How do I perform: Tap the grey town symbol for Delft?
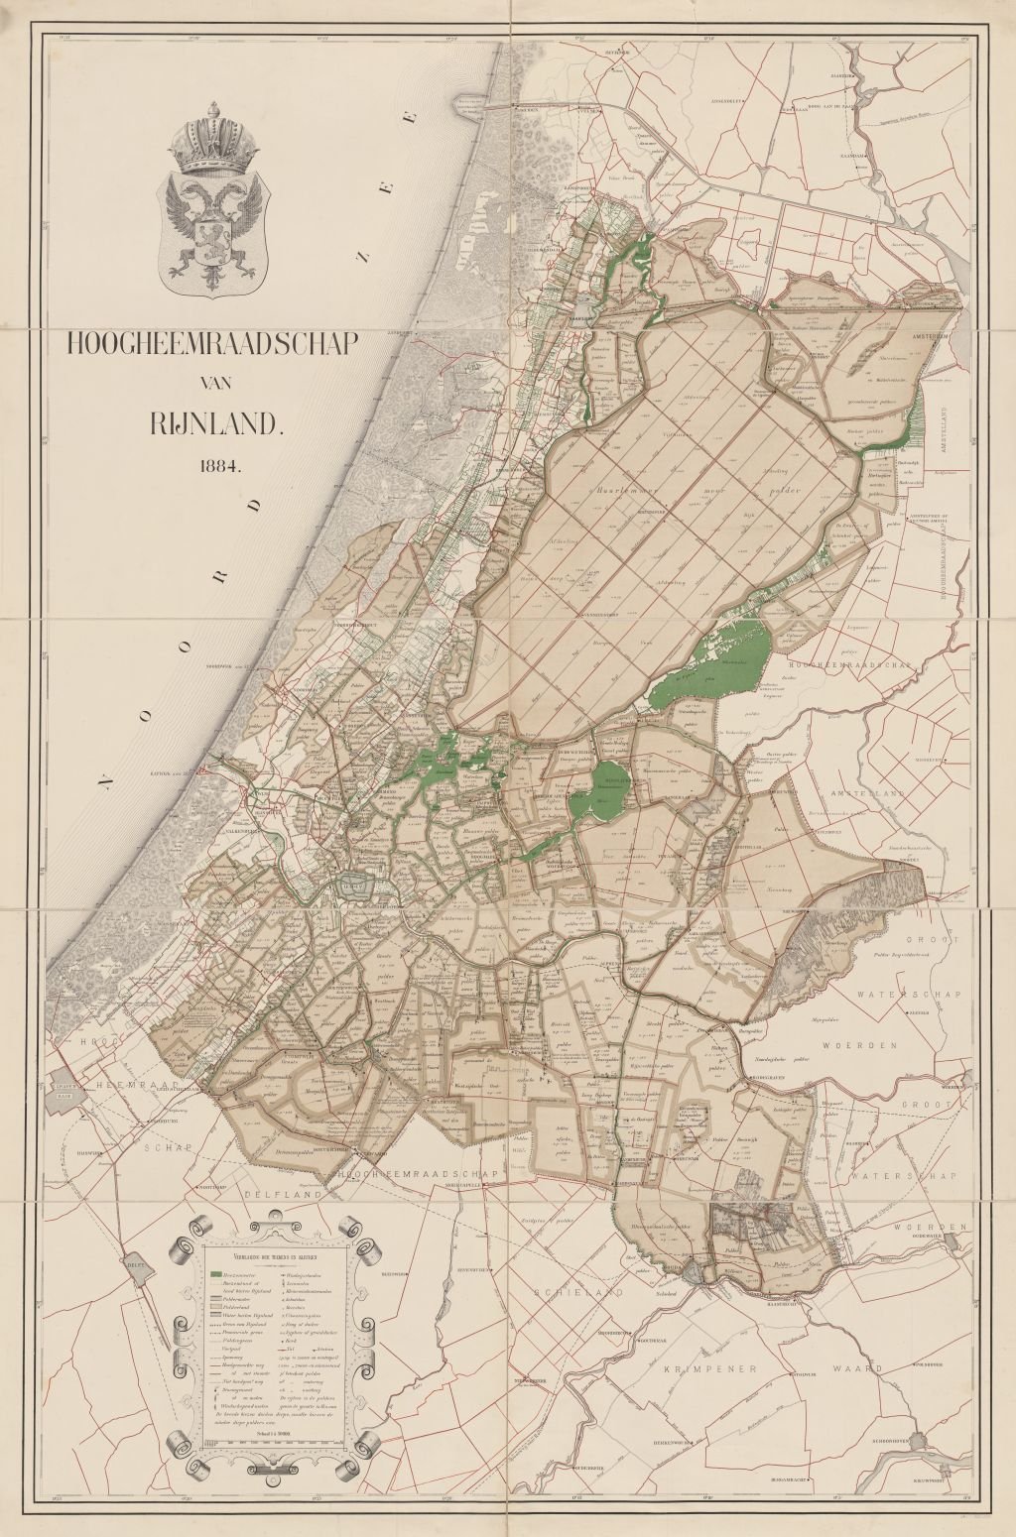click(x=132, y=1266)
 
